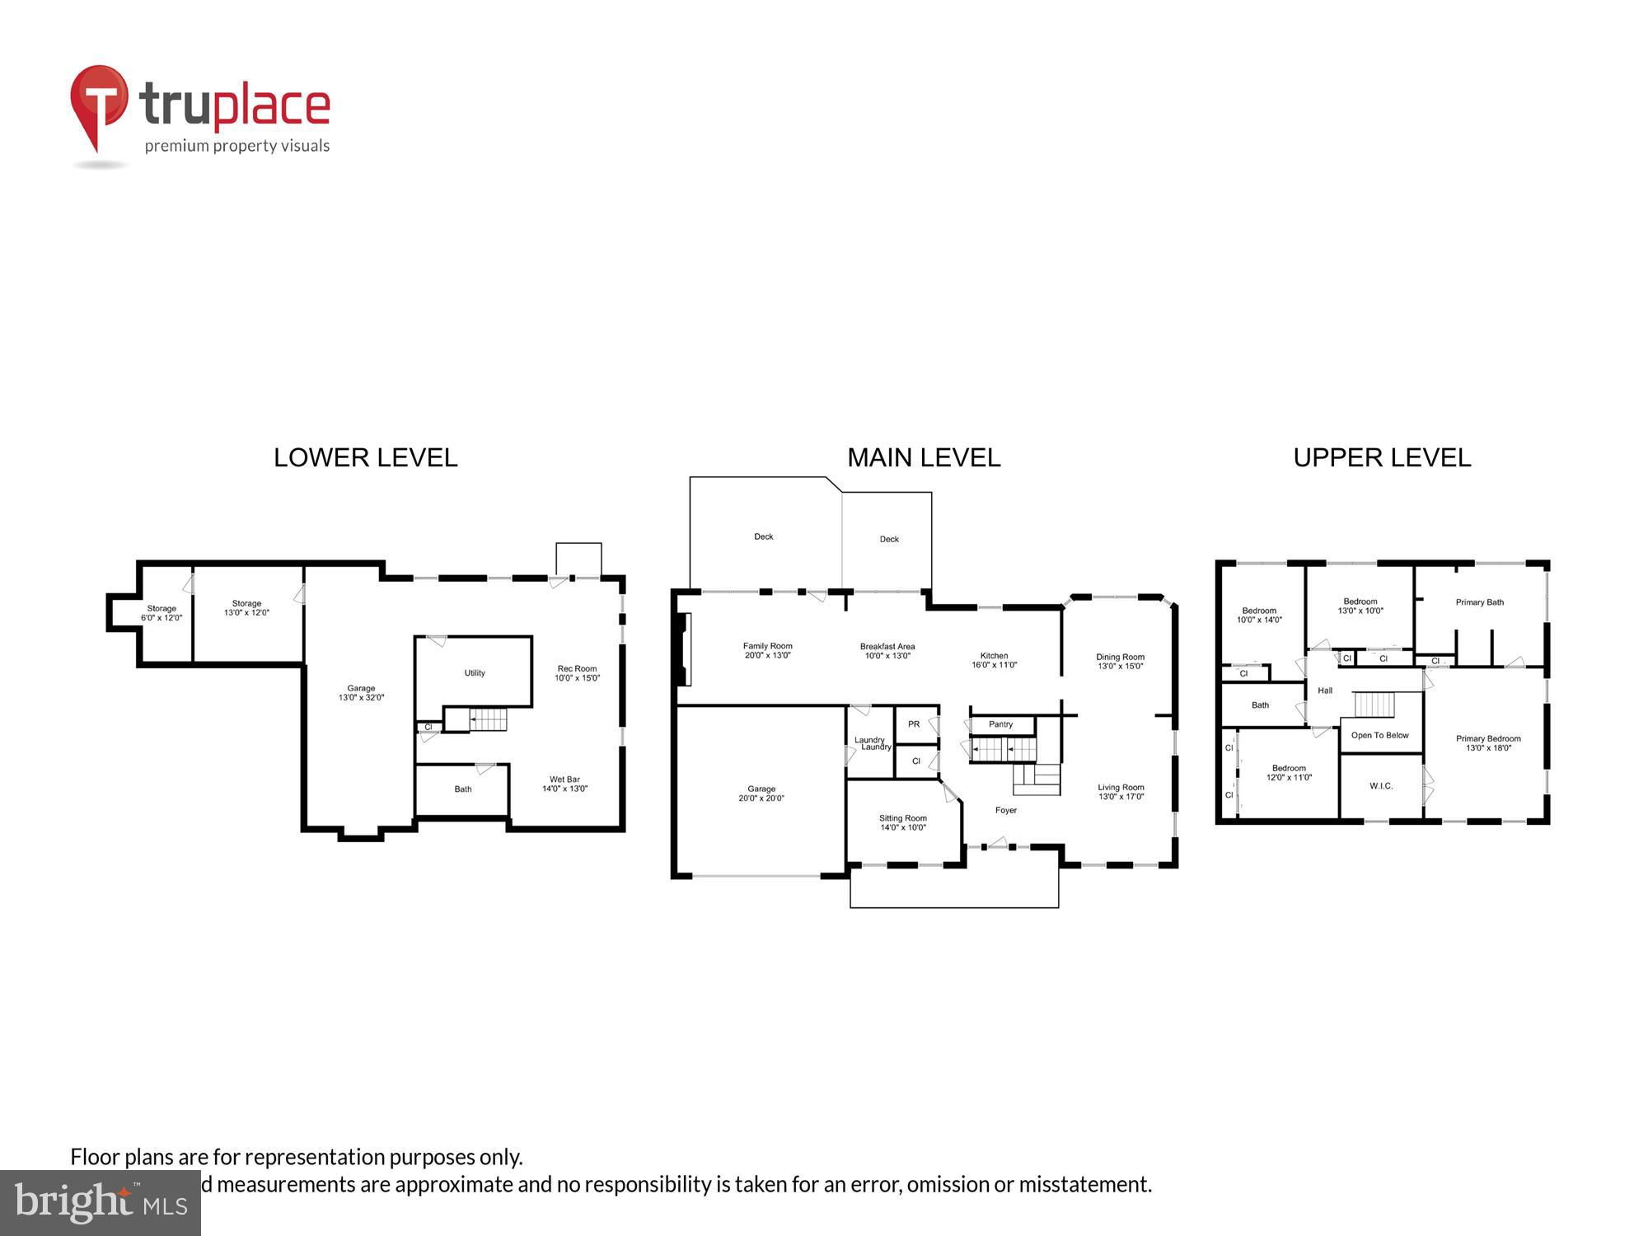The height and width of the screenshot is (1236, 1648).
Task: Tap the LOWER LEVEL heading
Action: pos(365,458)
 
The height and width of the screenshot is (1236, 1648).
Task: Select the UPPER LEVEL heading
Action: pos(1382,458)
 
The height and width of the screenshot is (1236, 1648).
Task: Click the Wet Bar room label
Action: pos(564,784)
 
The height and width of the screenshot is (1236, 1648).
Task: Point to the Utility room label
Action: pos(475,673)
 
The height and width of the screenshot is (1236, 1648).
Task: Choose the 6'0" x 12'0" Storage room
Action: pos(162,613)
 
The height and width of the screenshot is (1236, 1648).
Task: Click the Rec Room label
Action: pos(577,673)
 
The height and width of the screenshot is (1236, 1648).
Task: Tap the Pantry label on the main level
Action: pos(1000,724)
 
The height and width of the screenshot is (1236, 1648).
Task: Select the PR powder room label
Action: pos(914,724)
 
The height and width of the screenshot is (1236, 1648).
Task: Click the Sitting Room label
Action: pos(903,822)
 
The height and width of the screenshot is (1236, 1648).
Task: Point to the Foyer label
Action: pos(1006,810)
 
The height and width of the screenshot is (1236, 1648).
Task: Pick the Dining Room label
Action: pos(1120,661)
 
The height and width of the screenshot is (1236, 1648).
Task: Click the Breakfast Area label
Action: pos(887,651)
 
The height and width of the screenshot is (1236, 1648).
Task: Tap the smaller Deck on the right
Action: pos(889,539)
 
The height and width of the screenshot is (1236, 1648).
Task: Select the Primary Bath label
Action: pos(1479,602)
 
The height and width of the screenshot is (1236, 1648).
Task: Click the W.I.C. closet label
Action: pos(1381,786)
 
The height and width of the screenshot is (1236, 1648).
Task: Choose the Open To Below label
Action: pos(1379,735)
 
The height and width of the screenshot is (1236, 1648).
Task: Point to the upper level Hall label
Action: pos(1325,691)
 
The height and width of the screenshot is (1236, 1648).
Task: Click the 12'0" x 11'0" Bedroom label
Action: pos(1289,772)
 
